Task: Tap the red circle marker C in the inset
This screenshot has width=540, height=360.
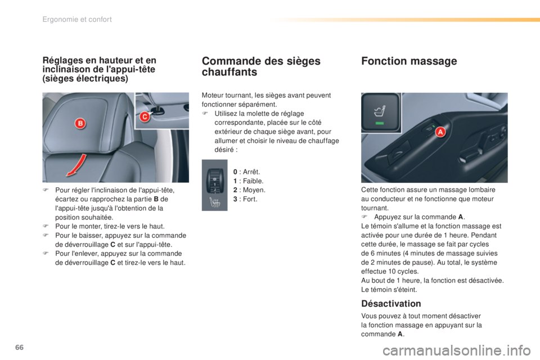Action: (x=144, y=116)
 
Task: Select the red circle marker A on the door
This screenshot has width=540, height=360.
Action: (x=440, y=131)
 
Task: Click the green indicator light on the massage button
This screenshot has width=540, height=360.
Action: (x=380, y=123)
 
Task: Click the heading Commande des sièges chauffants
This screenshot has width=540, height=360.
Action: (x=261, y=67)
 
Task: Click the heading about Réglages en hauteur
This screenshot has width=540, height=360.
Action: (x=99, y=69)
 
